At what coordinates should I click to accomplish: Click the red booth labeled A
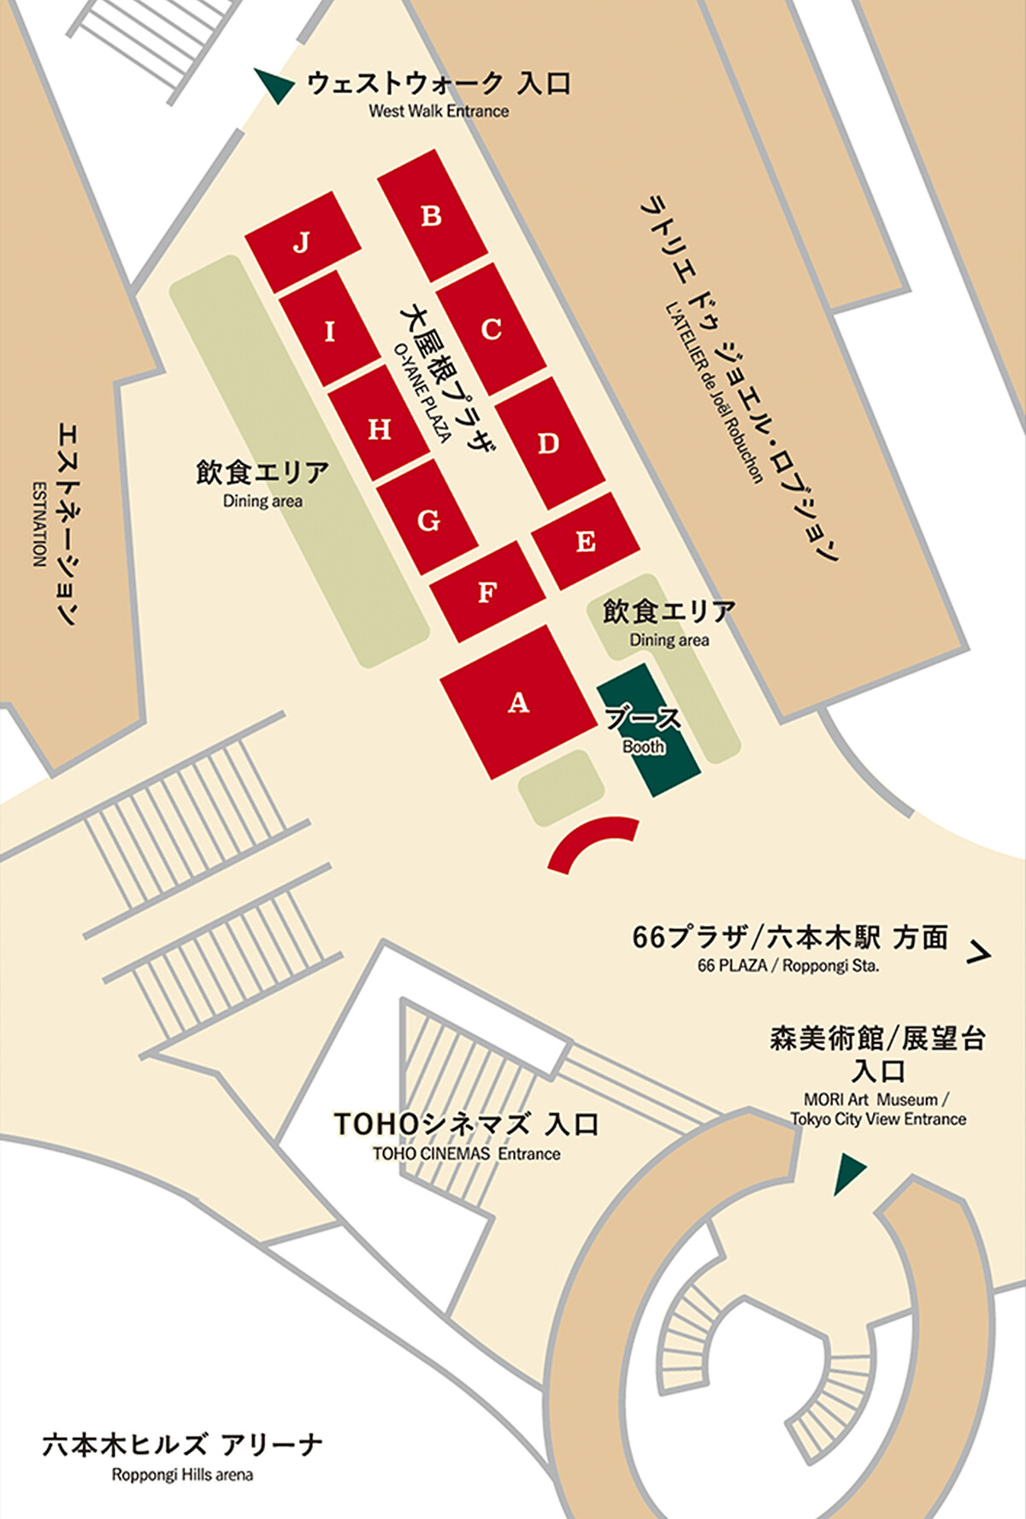[518, 703]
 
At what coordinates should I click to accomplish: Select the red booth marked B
[432, 215]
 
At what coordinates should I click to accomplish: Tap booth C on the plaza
[491, 329]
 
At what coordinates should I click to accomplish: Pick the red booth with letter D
[549, 443]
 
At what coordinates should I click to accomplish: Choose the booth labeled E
[586, 541]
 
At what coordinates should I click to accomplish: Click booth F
[486, 592]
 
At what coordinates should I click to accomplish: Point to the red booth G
[427, 519]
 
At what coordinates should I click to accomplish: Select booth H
[379, 427]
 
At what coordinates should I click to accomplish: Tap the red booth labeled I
[330, 330]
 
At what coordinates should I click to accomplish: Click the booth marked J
[301, 242]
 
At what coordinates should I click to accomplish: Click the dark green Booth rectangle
[648, 731]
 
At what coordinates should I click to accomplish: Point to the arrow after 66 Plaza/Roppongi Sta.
[978, 951]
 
